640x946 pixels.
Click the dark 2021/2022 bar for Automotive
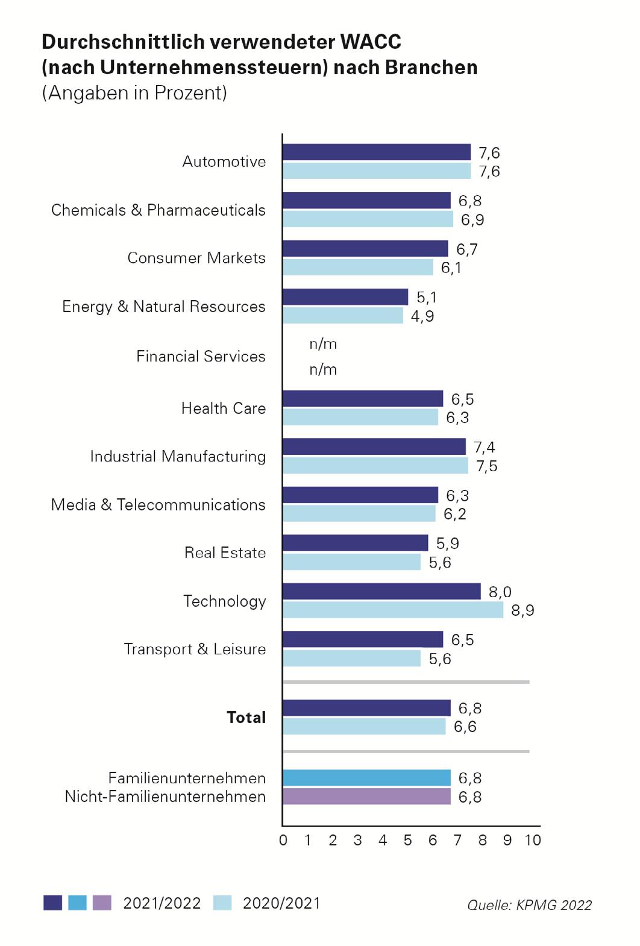click(x=376, y=152)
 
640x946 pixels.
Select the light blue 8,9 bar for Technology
click(x=392, y=610)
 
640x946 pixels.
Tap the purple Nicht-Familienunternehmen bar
click(x=366, y=797)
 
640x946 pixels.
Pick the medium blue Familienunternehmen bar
click(x=366, y=778)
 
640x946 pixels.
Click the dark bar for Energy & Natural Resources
click(x=345, y=297)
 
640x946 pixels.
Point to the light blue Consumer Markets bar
click(x=358, y=267)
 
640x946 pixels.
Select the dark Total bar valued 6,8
click(x=366, y=708)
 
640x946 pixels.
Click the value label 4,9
click(x=422, y=316)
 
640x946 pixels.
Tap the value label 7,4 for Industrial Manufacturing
click(x=485, y=447)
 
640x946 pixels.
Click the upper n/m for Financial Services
click(x=323, y=344)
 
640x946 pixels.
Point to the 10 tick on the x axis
click(x=533, y=840)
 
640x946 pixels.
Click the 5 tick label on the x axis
click(x=408, y=840)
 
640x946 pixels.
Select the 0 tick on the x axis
click(x=283, y=840)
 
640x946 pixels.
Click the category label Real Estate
click(x=225, y=553)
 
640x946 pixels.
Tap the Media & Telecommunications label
click(x=158, y=504)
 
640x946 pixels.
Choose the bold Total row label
click(x=246, y=717)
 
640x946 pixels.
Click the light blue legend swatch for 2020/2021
click(x=222, y=903)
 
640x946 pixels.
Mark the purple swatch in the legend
click(x=102, y=903)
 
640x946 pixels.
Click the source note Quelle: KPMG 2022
click(x=529, y=904)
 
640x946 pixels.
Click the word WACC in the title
click(x=371, y=42)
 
